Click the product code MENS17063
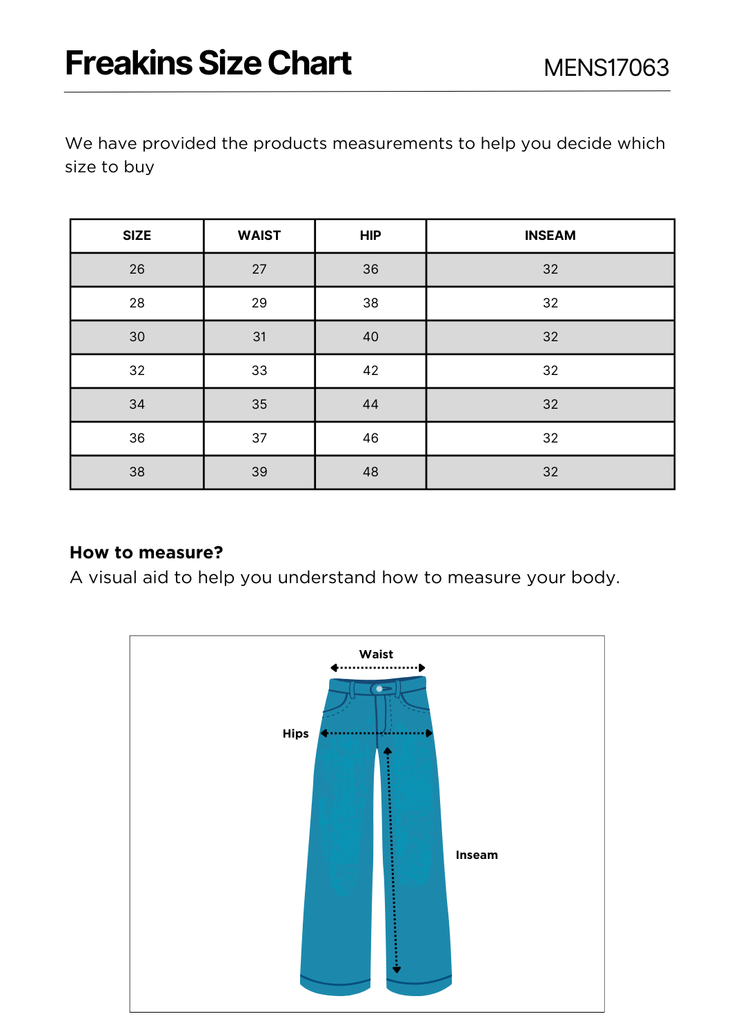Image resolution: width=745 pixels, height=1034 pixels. tap(606, 68)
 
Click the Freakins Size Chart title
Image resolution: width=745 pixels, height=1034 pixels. tap(208, 63)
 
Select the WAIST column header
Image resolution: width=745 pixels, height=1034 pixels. tap(259, 236)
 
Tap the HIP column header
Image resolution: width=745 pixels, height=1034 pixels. tap(370, 236)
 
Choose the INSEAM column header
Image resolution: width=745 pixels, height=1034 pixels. tap(550, 236)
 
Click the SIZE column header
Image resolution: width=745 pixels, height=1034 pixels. tap(137, 236)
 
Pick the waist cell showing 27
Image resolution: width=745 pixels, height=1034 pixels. tap(259, 270)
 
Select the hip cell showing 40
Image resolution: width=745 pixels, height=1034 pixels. tap(370, 337)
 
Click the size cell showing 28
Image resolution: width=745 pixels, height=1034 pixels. tap(137, 303)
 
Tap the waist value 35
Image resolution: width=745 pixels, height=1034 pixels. tap(259, 405)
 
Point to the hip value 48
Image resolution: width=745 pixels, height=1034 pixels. tap(370, 472)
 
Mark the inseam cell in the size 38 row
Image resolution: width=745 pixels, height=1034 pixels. tap(550, 472)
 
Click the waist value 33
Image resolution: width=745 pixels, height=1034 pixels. tap(259, 371)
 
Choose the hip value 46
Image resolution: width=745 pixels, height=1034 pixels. tap(370, 438)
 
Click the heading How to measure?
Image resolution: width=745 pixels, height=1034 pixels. tap(146, 553)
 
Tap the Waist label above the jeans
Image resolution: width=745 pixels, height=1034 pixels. tap(376, 654)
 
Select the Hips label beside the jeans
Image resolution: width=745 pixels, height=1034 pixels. tap(295, 733)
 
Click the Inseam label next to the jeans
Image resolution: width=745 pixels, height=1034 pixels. tap(477, 855)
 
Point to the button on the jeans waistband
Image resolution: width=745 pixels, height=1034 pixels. tap(379, 689)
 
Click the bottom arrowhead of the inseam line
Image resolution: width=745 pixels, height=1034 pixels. tap(397, 970)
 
